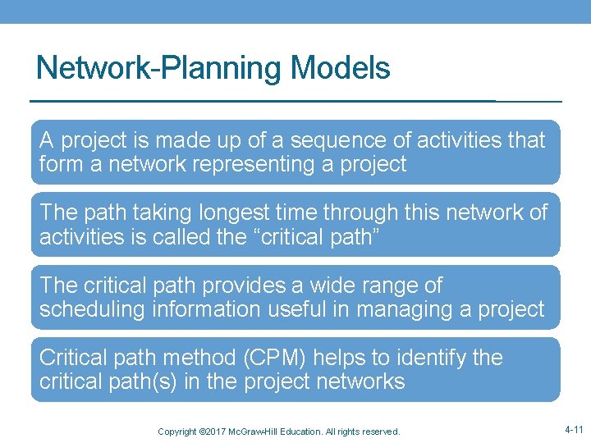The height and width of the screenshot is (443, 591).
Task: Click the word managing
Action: (x=410, y=308)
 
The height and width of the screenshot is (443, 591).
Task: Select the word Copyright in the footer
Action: (x=177, y=432)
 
